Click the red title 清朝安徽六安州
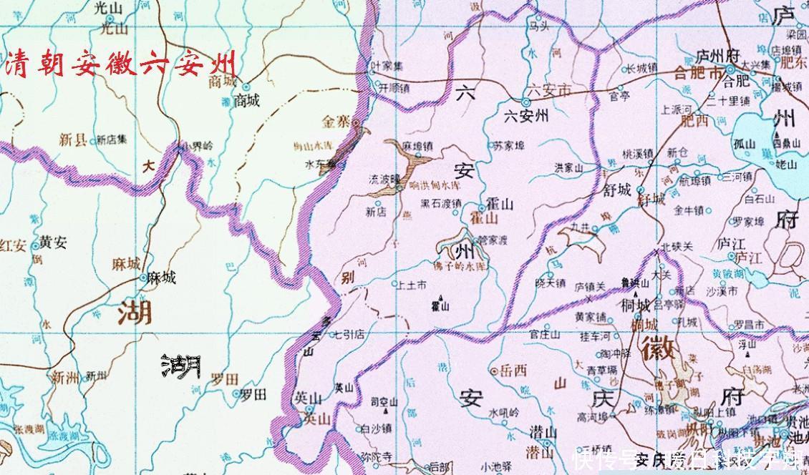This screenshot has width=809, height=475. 120,65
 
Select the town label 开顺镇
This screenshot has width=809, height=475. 394,89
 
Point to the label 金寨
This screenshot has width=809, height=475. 334,122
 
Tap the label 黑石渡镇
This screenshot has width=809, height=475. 440,203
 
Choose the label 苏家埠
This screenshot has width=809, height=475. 509,146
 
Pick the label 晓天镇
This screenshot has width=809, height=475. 550,283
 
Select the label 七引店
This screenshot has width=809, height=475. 349,334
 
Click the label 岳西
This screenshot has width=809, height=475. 513,371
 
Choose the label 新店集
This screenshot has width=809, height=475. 112,139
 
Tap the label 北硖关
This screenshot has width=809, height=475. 677,246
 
